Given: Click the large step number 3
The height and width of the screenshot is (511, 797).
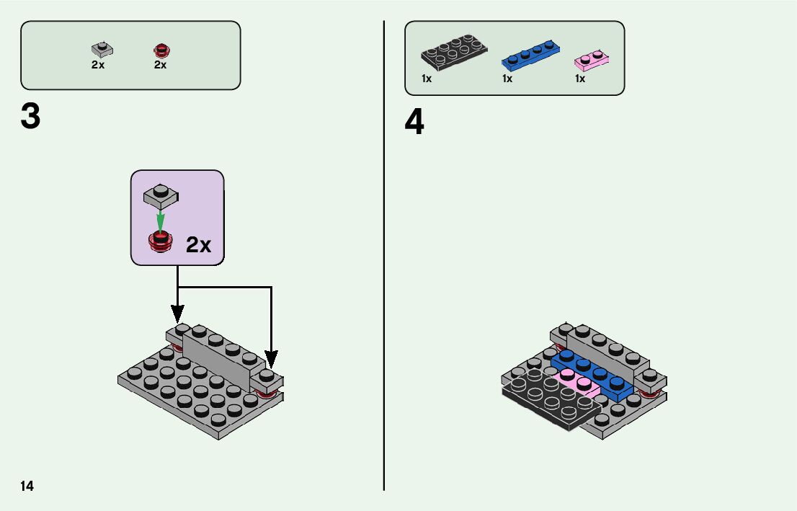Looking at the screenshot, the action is click(30, 117).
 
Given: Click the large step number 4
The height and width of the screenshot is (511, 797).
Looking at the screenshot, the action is click(414, 123).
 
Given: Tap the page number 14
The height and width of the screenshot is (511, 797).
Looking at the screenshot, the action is click(27, 486).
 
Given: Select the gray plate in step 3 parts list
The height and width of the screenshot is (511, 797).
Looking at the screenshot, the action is click(102, 50).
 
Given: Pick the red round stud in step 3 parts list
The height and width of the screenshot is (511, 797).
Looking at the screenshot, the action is click(160, 50).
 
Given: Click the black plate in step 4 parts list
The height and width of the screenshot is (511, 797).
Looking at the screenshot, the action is click(453, 54).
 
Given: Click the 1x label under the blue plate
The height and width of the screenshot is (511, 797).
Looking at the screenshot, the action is click(507, 79).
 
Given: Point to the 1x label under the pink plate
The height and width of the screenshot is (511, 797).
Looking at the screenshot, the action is click(580, 79).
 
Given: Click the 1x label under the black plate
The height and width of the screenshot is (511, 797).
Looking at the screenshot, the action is click(427, 79).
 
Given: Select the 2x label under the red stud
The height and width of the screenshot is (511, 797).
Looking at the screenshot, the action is click(160, 65).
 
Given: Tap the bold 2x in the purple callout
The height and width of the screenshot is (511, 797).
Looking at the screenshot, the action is click(198, 245).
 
